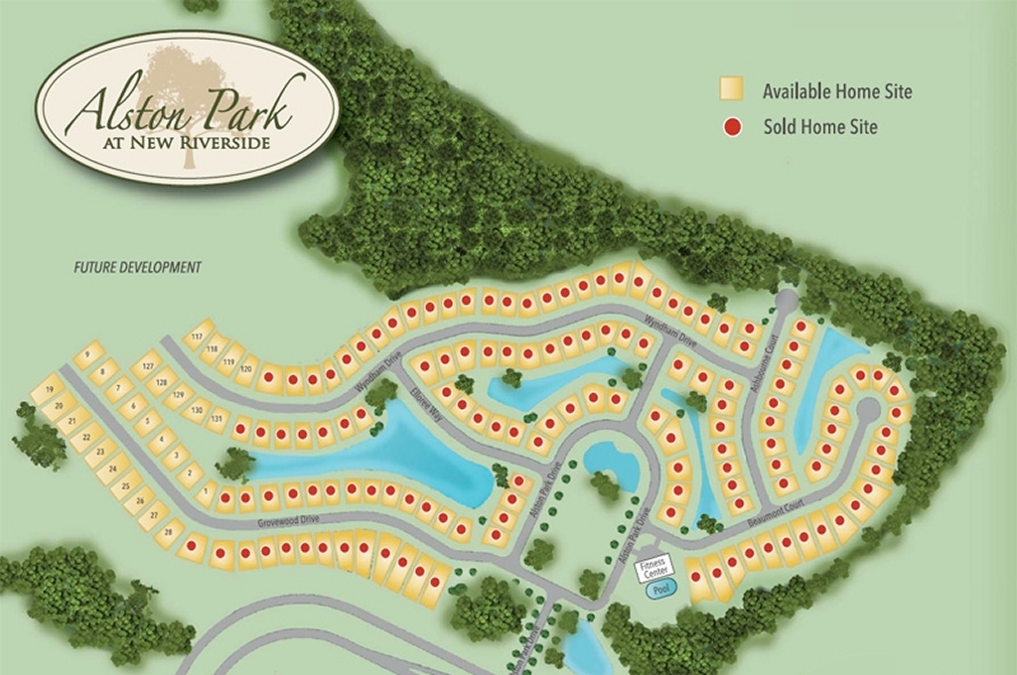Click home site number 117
point(196,337)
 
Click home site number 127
point(149,367)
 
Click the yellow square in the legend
point(732,90)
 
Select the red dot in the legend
point(732,127)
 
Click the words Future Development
point(138,268)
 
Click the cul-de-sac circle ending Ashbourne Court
point(786,300)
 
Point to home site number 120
point(246,368)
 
